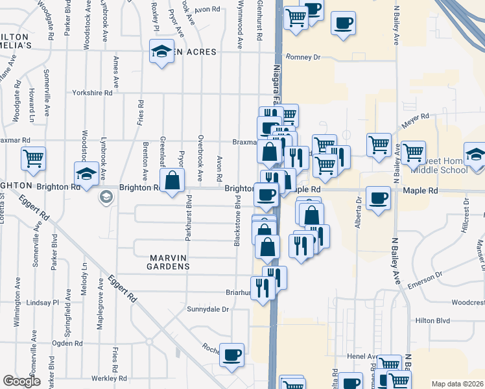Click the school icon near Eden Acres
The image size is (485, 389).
pyautogui.click(x=160, y=51)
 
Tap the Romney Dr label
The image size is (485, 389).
pyautogui.click(x=303, y=57)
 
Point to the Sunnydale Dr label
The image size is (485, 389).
pyautogui.click(x=207, y=309)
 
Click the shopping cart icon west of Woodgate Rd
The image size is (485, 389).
pyautogui.click(x=33, y=157)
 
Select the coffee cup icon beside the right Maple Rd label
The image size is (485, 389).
pyautogui.click(x=377, y=197)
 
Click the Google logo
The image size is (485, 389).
pyautogui.click(x=22, y=381)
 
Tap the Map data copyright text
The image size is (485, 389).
pyautogui.click(x=457, y=384)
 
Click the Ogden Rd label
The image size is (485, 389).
pyautogui.click(x=67, y=343)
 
